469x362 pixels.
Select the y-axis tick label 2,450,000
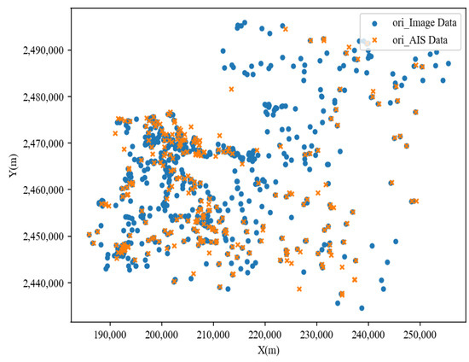[x=43, y=236]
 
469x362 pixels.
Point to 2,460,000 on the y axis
[x=43, y=190]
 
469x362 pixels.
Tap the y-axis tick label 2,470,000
[x=43, y=143]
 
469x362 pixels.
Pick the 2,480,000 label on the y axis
[x=43, y=96]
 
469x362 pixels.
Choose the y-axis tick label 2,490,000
[x=43, y=50]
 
